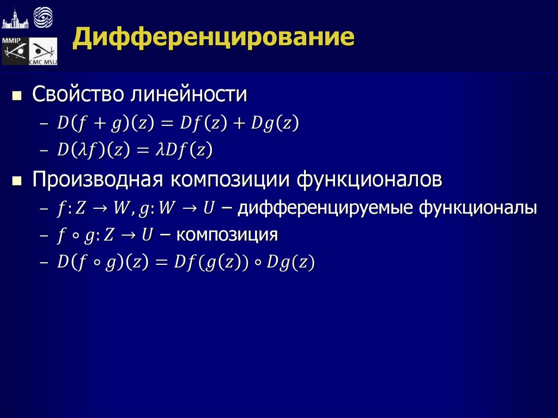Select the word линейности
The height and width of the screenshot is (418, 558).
point(188,94)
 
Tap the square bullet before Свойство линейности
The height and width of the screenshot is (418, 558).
point(17,96)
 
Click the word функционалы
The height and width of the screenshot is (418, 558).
point(477,208)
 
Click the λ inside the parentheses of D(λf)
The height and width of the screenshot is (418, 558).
point(81,150)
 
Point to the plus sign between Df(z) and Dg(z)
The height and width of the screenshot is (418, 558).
point(239,123)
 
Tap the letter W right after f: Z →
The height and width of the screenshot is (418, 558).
point(118,208)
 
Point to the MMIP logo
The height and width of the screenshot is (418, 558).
point(14,51)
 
